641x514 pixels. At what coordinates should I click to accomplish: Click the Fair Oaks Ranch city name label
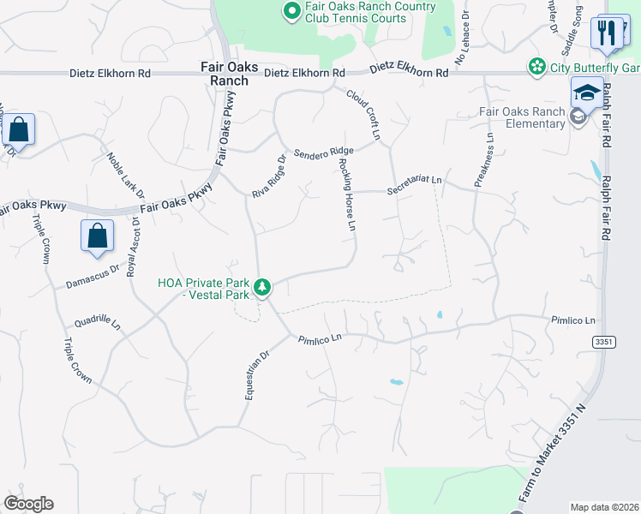(225, 73)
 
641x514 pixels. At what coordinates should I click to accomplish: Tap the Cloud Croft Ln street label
(362, 113)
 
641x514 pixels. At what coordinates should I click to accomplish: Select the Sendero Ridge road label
(323, 153)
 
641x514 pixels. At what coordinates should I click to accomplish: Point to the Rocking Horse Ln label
(345, 195)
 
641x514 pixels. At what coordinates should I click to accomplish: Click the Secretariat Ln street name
(415, 184)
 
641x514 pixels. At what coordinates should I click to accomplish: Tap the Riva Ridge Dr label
(268, 177)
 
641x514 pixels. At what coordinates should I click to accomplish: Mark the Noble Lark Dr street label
(126, 176)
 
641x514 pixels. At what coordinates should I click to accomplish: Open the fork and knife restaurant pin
(608, 33)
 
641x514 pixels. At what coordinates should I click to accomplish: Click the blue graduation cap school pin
(587, 93)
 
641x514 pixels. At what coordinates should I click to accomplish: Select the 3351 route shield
(603, 342)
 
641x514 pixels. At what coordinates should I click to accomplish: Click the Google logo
(28, 505)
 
